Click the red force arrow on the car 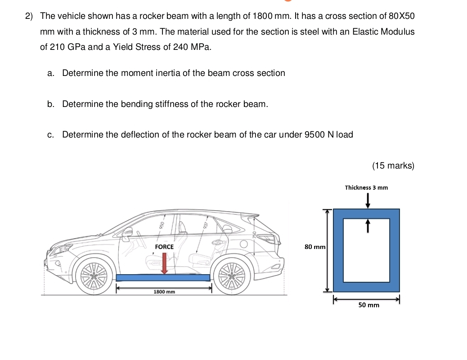(164, 263)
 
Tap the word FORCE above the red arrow (164, 247)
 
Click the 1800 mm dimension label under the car (164, 292)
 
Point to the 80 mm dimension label (314, 247)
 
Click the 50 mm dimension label (368, 305)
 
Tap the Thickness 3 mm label (366, 187)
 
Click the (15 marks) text (393, 165)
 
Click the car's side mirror (128, 233)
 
